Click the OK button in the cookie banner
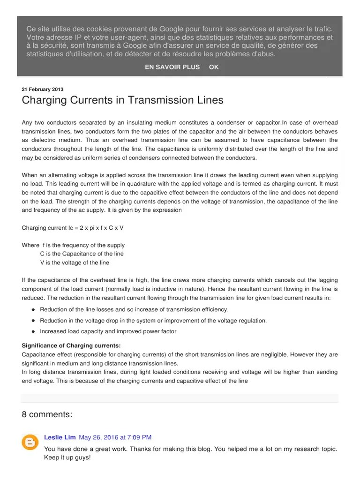[214, 67]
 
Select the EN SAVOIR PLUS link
[172, 67]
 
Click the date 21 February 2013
[43, 89]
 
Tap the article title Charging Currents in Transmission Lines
[122, 100]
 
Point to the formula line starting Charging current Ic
[73, 228]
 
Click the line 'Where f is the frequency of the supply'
[73, 245]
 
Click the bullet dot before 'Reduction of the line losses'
[33, 310]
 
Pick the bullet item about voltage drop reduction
[153, 321]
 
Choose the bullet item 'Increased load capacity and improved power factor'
[108, 331]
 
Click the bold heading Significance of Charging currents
[71, 346]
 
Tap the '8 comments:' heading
[47, 414]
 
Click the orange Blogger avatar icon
[30, 442]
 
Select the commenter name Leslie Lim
[60, 437]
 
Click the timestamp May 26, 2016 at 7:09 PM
[115, 437]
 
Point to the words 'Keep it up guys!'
[67, 457]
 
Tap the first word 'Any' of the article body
[27, 123]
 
